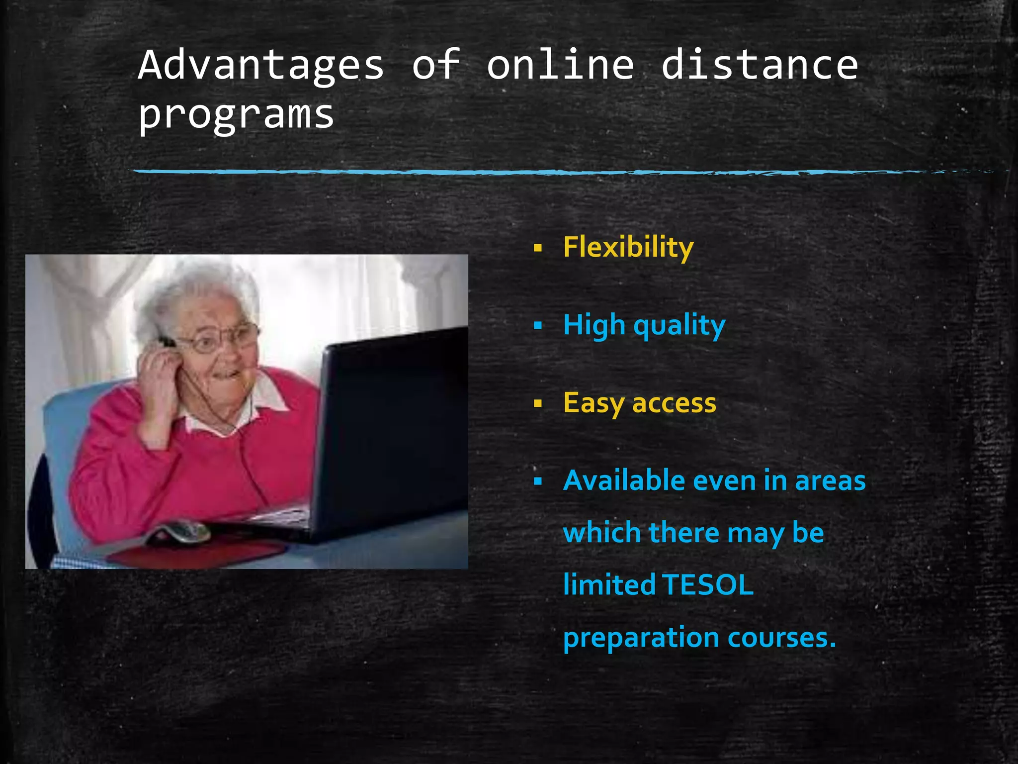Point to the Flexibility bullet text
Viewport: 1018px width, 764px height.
pyautogui.click(x=628, y=247)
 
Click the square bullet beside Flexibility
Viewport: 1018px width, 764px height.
pyautogui.click(x=537, y=248)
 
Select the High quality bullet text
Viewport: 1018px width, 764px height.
pyautogui.click(x=644, y=325)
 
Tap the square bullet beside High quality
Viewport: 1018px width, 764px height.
pyautogui.click(x=537, y=326)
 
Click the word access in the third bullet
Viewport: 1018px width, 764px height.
pyautogui.click(x=674, y=403)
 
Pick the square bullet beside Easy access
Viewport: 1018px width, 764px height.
pyautogui.click(x=537, y=403)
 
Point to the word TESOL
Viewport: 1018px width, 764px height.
pyautogui.click(x=708, y=585)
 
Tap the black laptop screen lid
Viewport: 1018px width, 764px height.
pyautogui.click(x=393, y=428)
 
